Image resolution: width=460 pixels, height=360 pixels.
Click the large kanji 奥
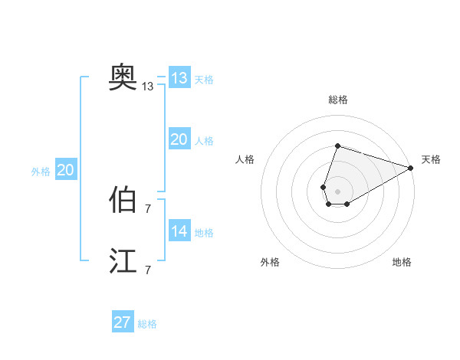coord(123,77)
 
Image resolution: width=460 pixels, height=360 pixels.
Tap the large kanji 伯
coord(123,200)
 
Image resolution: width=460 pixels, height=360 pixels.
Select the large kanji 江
coord(123,261)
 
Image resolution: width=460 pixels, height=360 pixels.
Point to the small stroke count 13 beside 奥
coord(148,87)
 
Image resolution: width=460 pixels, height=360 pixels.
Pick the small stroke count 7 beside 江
coord(148,270)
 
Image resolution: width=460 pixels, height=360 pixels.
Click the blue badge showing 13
coord(179,78)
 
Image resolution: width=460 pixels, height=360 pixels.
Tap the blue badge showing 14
coord(179,231)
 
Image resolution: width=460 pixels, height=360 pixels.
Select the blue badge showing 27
coord(123,322)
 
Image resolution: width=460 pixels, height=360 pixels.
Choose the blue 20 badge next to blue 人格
coord(179,139)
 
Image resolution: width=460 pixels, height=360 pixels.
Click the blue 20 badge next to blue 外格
coord(66,170)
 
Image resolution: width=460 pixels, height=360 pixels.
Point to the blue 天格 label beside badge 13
coord(204,80)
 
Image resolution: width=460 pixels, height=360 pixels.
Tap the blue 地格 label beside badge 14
coord(204,233)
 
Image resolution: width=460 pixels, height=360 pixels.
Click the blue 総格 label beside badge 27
coord(147,324)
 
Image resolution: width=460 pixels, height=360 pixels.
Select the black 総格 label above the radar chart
coord(338,100)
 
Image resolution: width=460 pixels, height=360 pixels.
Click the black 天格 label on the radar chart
coord(431,159)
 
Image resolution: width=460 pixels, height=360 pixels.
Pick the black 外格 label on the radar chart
coord(270,262)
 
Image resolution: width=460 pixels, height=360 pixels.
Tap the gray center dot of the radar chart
coord(338,190)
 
